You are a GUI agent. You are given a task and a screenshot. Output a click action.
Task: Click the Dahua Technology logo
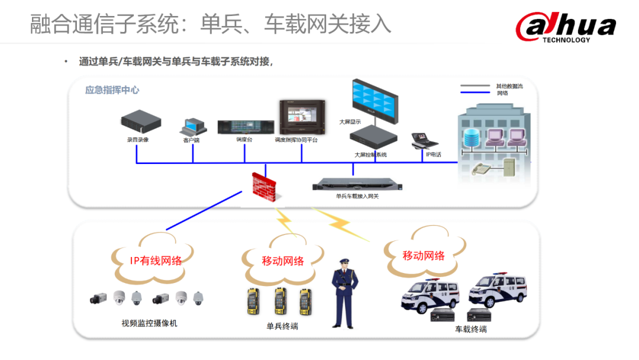pyautogui.click(x=565, y=27)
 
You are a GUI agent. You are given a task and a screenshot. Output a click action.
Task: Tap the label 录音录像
pyautogui.click(x=138, y=140)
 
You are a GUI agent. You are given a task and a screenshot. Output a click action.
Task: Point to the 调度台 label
pyautogui.click(x=244, y=140)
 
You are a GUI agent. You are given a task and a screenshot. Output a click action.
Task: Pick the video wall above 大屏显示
pyautogui.click(x=375, y=97)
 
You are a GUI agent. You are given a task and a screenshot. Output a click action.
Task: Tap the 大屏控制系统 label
pyautogui.click(x=370, y=155)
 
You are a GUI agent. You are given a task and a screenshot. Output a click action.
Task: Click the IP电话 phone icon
pyautogui.click(x=425, y=140)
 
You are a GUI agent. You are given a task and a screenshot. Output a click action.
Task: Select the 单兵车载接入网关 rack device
pyautogui.click(x=357, y=185)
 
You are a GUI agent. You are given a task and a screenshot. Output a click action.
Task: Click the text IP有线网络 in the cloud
pyautogui.click(x=156, y=260)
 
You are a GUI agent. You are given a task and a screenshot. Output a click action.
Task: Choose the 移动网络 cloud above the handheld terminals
pyautogui.click(x=283, y=261)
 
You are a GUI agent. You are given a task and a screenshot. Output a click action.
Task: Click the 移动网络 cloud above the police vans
pyautogui.click(x=424, y=255)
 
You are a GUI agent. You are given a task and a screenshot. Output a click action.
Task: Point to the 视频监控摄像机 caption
pyautogui.click(x=149, y=323)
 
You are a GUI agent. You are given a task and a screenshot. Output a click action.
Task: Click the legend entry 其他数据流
pyautogui.click(x=509, y=86)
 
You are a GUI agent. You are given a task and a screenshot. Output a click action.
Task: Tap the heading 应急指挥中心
pyautogui.click(x=112, y=90)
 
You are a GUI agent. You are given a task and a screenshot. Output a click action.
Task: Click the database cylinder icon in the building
pyautogui.click(x=472, y=138)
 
